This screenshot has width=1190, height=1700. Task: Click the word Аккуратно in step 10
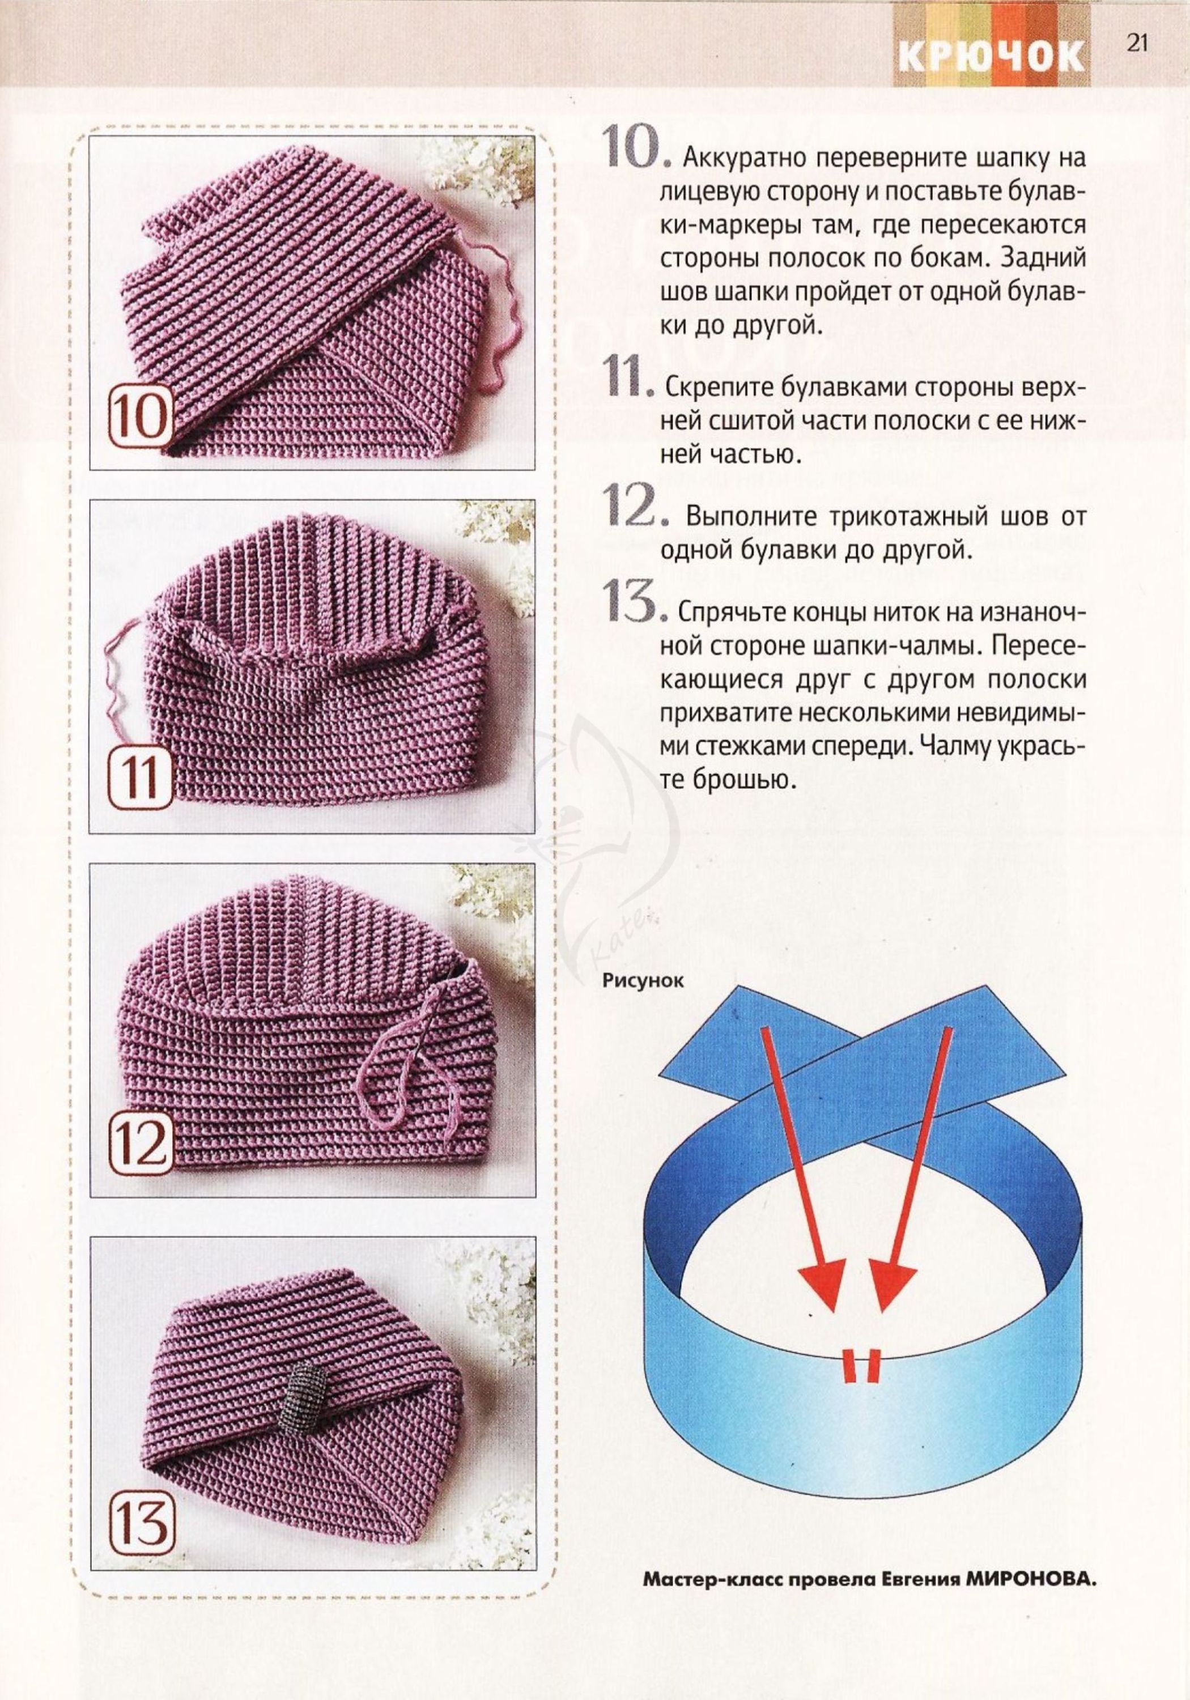click(748, 159)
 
